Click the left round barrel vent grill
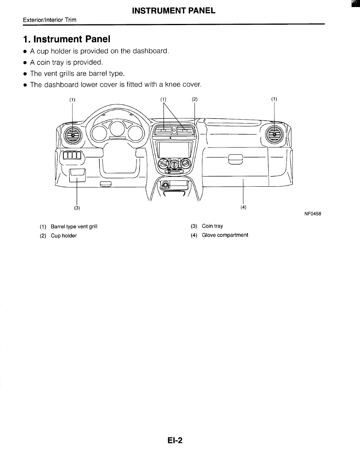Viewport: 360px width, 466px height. point(73,135)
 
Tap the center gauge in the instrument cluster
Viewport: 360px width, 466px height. point(117,129)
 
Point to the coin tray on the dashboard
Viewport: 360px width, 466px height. point(77,175)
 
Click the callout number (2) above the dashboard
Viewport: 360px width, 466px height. point(195,99)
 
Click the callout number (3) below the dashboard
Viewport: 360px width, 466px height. point(77,208)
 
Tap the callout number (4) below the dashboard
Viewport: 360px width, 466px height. point(243,208)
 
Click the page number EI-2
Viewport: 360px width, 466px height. point(175,441)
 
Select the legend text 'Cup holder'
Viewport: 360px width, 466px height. point(64,236)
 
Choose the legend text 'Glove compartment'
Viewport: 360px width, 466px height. point(225,235)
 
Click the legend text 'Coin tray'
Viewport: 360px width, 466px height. point(213,226)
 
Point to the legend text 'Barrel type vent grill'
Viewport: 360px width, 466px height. point(74,227)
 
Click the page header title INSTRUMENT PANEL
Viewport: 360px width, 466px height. point(174,11)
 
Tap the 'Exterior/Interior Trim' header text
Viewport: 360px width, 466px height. point(44,20)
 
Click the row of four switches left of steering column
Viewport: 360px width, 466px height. point(72,155)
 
